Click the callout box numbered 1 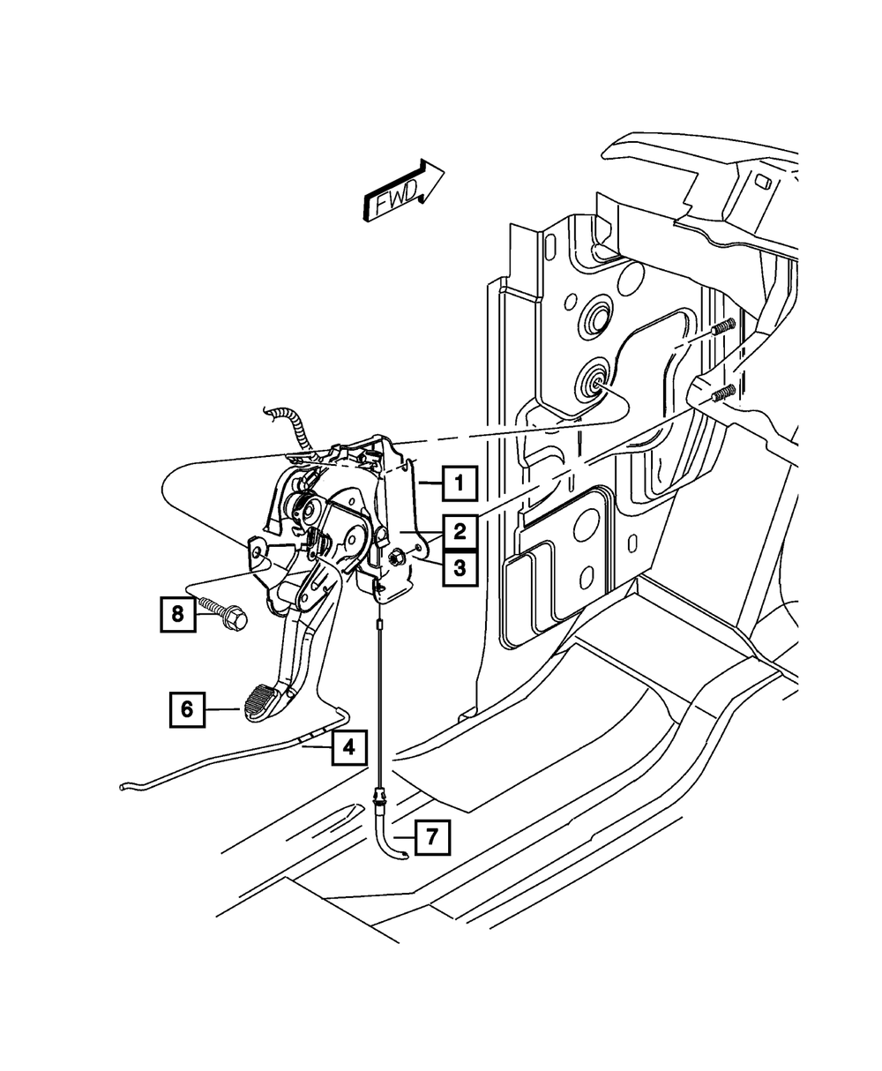pyautogui.click(x=460, y=483)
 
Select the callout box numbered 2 pyautogui.click(x=460, y=532)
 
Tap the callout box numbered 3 pyautogui.click(x=460, y=569)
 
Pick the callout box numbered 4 pyautogui.click(x=349, y=748)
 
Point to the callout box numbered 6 pyautogui.click(x=187, y=708)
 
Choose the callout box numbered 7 pyautogui.click(x=431, y=836)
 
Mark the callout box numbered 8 pyautogui.click(x=177, y=613)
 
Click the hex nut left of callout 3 pyautogui.click(x=395, y=556)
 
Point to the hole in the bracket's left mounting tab pyautogui.click(x=257, y=552)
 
